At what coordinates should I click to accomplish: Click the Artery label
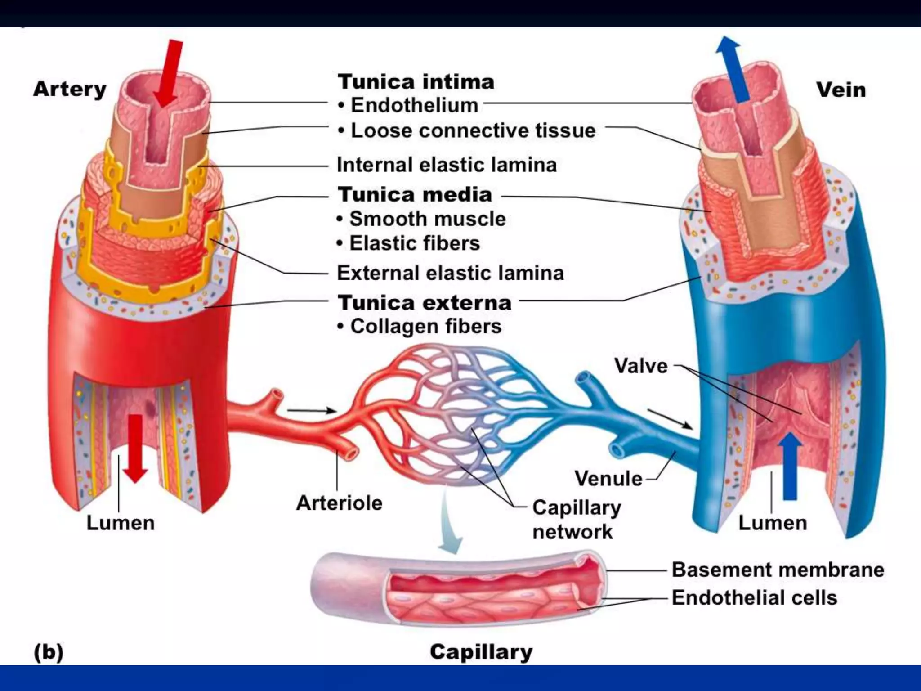pos(70,90)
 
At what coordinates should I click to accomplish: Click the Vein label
pos(841,90)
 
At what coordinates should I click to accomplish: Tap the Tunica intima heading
pos(416,82)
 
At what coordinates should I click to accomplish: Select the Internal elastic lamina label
pos(447,165)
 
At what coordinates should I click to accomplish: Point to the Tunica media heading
pos(415,195)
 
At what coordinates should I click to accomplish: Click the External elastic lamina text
pos(450,273)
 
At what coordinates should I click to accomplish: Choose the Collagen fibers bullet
pos(425,327)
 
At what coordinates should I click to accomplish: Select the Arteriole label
pos(339,503)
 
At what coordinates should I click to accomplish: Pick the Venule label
pos(608,479)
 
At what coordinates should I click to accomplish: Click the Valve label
pos(641,366)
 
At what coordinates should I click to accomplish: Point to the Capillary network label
pos(576,520)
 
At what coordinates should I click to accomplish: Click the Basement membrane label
pos(778,570)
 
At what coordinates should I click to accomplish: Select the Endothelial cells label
pos(754,598)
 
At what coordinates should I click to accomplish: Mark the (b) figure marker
pos(49,652)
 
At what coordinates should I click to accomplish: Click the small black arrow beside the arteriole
pos(311,410)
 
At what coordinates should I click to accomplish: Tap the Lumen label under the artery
pos(121,523)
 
